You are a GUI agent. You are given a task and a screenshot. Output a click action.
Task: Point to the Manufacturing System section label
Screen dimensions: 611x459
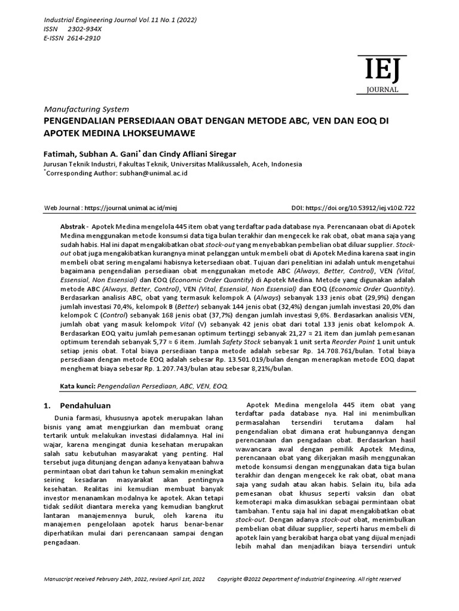click(x=87, y=109)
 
